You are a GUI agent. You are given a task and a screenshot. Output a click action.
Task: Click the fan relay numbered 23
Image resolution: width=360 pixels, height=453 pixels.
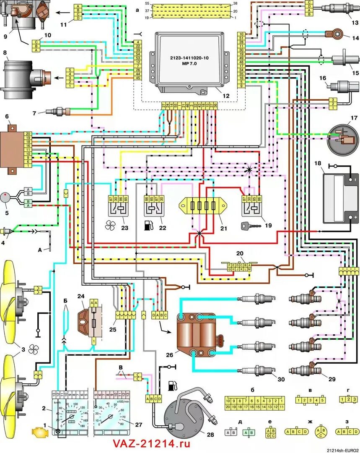tap(121, 208)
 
